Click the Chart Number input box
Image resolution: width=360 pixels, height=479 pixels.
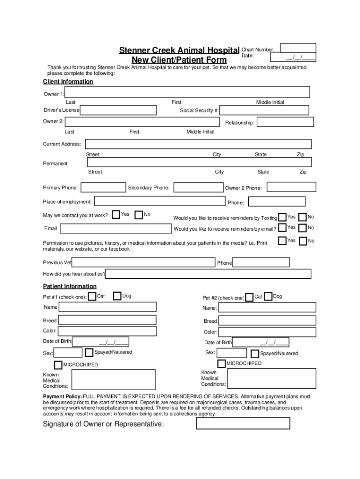(x=298, y=48)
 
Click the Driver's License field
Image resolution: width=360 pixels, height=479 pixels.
(x=119, y=110)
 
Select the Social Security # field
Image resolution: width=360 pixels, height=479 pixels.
(x=264, y=110)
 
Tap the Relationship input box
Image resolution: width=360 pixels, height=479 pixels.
(x=285, y=122)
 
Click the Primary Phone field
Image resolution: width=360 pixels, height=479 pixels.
(x=102, y=188)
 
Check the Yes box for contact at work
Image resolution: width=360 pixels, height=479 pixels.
(x=116, y=215)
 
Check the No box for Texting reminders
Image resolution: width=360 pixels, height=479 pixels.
(x=302, y=217)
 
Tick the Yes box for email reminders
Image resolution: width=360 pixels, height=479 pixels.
(x=282, y=228)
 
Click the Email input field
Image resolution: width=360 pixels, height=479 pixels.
(x=116, y=229)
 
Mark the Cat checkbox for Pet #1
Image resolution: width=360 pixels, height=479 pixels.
(x=93, y=296)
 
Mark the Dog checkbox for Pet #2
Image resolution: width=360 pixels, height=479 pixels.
(x=268, y=297)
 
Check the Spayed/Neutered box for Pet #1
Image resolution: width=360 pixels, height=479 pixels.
(x=89, y=353)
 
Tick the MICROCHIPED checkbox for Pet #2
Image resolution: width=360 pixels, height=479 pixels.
(x=222, y=363)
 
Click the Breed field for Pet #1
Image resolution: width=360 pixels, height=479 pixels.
(x=108, y=320)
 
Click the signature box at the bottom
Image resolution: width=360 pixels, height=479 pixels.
(x=243, y=423)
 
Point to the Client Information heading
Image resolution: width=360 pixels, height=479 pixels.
(x=68, y=82)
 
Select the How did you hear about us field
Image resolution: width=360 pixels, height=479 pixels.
(x=208, y=274)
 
